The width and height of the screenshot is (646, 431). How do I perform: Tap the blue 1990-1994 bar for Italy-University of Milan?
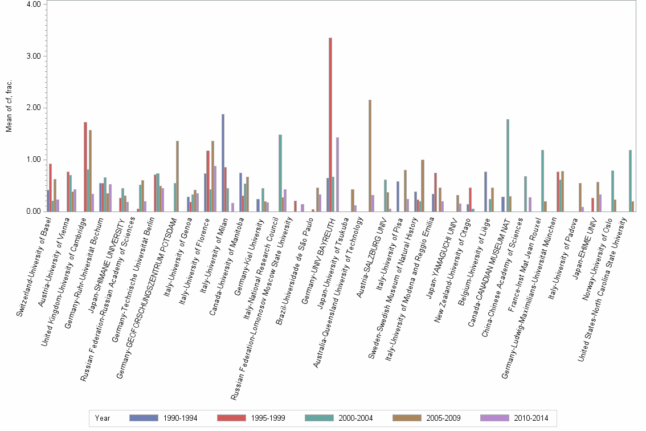[223, 162]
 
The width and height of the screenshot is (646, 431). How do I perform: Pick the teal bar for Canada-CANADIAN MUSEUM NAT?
[508, 165]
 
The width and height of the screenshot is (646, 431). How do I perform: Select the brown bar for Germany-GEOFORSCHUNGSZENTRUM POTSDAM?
[177, 176]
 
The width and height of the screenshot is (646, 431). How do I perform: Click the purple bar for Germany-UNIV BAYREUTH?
[337, 174]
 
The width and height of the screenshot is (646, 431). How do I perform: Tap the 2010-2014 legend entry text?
[531, 418]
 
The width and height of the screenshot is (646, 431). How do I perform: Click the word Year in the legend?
[103, 418]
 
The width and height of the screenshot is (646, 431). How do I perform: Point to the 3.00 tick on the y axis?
[33, 56]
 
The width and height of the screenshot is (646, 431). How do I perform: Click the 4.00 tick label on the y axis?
[33, 4]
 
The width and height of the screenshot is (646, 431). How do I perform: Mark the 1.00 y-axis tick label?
[33, 160]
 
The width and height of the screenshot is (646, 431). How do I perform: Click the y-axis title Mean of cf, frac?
[9, 108]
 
